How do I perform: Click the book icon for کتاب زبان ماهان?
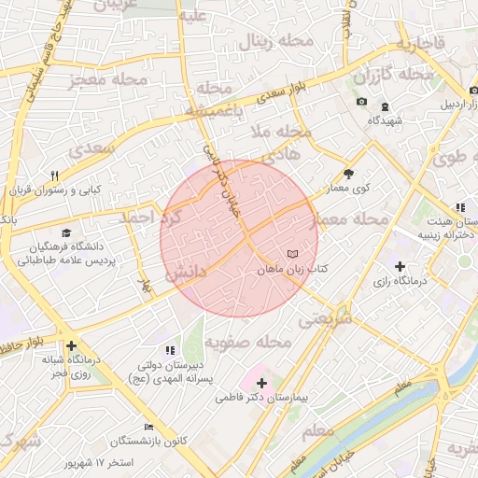(293, 254)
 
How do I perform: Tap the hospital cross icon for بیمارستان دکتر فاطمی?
(260, 383)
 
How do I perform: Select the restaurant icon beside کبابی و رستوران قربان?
(55, 176)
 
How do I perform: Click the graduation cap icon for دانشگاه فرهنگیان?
(65, 232)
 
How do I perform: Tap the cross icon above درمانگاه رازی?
(401, 266)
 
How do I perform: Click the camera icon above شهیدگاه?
(361, 102)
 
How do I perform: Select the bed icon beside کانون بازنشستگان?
(148, 427)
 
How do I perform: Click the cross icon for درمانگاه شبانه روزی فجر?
(71, 346)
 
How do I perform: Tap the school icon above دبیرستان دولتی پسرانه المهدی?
(169, 351)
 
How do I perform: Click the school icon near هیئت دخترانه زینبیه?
(459, 207)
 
